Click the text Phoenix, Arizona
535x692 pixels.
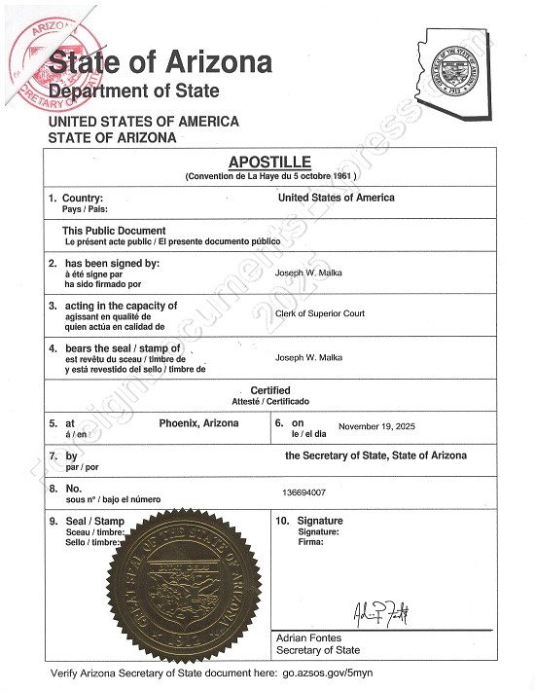(199, 423)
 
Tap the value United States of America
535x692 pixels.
(336, 198)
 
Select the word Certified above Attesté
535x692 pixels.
(270, 390)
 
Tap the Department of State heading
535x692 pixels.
(134, 91)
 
